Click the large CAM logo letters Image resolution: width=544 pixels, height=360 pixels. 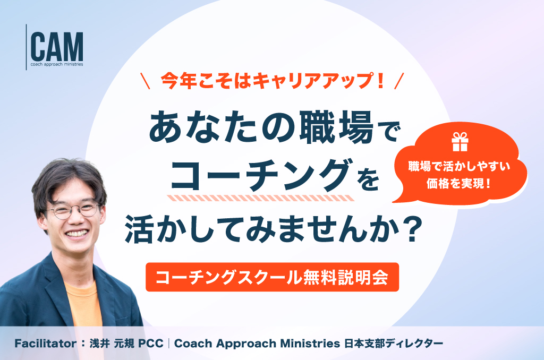coord(57,47)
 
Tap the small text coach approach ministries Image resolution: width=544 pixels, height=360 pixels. coord(57,64)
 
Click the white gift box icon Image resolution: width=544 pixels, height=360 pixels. coord(460,142)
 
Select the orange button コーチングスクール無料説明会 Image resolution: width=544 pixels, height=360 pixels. coord(272,277)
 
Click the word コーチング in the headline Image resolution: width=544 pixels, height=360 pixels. coord(260,175)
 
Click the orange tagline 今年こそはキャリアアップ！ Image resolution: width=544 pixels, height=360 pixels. coord(273,81)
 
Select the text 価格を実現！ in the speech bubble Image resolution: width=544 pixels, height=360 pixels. coord(458,183)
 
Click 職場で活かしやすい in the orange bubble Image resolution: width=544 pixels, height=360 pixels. coord(459,166)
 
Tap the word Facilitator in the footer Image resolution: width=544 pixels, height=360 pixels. coord(46,344)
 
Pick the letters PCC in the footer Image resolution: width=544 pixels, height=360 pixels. coord(151,344)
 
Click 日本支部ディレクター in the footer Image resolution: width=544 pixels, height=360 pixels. coord(394,344)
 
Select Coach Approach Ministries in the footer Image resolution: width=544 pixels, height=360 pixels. coord(257,344)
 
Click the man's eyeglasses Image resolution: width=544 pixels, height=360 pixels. coord(73,210)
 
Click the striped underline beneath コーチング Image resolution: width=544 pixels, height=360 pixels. coord(260,198)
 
